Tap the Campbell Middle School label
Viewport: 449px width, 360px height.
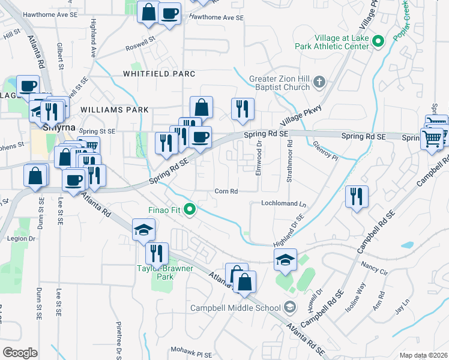[237, 308]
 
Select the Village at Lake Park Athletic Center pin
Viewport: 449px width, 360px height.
[378, 41]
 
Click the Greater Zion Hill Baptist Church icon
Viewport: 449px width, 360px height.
[320, 81]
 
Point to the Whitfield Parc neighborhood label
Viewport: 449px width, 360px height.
[159, 74]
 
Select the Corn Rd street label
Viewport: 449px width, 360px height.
[227, 191]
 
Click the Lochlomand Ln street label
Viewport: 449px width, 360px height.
[283, 204]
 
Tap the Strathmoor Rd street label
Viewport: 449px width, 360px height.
[289, 160]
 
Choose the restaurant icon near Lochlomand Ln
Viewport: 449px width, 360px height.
[357, 197]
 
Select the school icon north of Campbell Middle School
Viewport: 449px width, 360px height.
[285, 259]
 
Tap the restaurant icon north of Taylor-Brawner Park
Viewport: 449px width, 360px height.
[157, 253]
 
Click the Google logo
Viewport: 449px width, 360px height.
[20, 353]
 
